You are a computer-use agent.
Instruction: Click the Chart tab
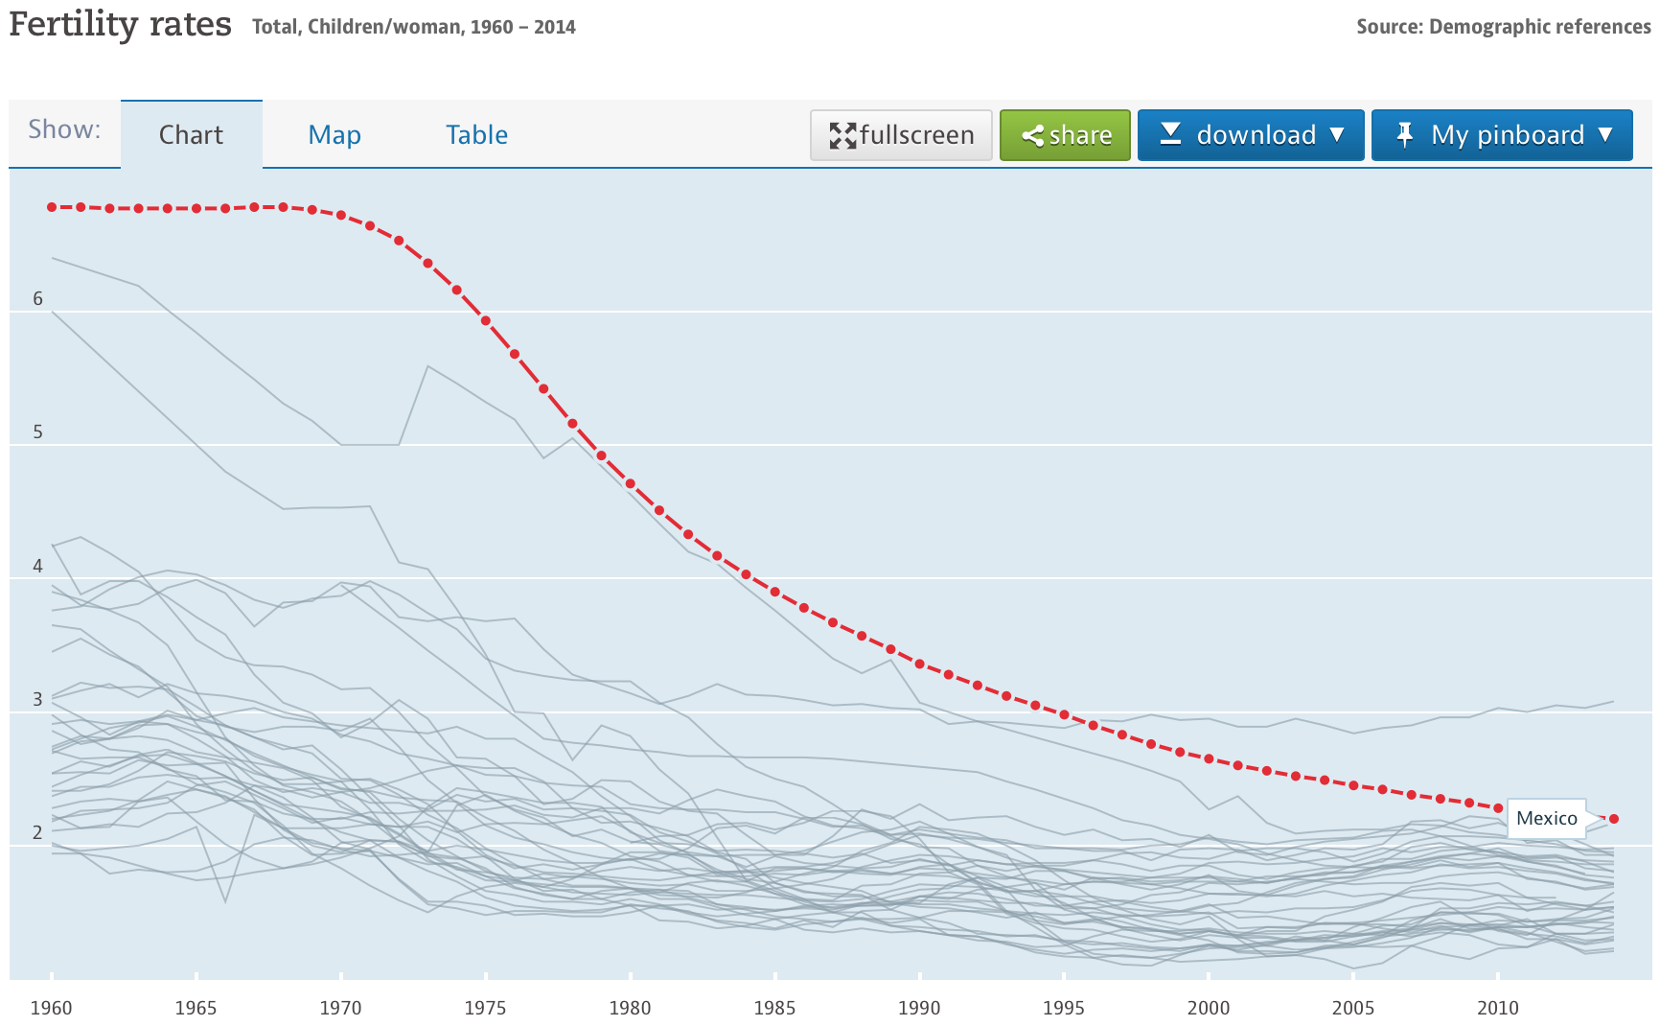pos(191,134)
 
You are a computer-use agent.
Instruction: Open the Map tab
pos(334,134)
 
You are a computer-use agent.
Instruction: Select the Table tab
pos(476,134)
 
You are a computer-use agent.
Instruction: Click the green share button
pos(1065,134)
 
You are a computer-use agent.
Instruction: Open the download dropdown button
pos(1250,134)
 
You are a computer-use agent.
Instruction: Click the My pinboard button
pos(1501,134)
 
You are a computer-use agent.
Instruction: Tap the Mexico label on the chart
pos(1546,818)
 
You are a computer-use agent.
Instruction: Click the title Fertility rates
pos(121,24)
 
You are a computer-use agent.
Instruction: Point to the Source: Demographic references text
pos(1503,27)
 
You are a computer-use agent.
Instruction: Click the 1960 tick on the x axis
pos(52,1007)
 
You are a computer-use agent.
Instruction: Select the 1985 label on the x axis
pos(774,1007)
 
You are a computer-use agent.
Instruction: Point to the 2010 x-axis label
pos(1497,1007)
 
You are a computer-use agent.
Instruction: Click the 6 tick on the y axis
pos(38,298)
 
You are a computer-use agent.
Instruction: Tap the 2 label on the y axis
pos(38,832)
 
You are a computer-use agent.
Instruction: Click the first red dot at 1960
pos(52,207)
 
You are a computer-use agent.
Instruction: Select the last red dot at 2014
pos(1614,819)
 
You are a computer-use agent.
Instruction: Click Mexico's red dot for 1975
pos(486,321)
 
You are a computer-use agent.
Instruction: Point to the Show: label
pos(64,129)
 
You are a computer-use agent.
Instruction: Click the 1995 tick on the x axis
pos(1064,1007)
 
